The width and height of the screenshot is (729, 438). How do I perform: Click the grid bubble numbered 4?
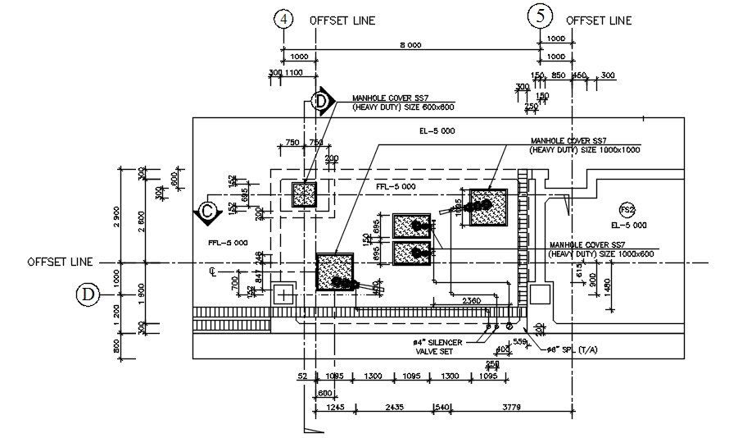(283, 20)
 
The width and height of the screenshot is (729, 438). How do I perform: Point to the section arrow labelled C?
(207, 212)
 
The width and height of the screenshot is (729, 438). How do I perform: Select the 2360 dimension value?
(471, 301)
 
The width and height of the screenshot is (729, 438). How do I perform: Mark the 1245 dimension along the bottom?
(334, 407)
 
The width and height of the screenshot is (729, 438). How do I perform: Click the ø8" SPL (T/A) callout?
(577, 349)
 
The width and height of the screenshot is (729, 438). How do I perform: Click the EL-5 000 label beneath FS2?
(629, 224)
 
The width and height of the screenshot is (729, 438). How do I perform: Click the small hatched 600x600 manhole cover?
(304, 195)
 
